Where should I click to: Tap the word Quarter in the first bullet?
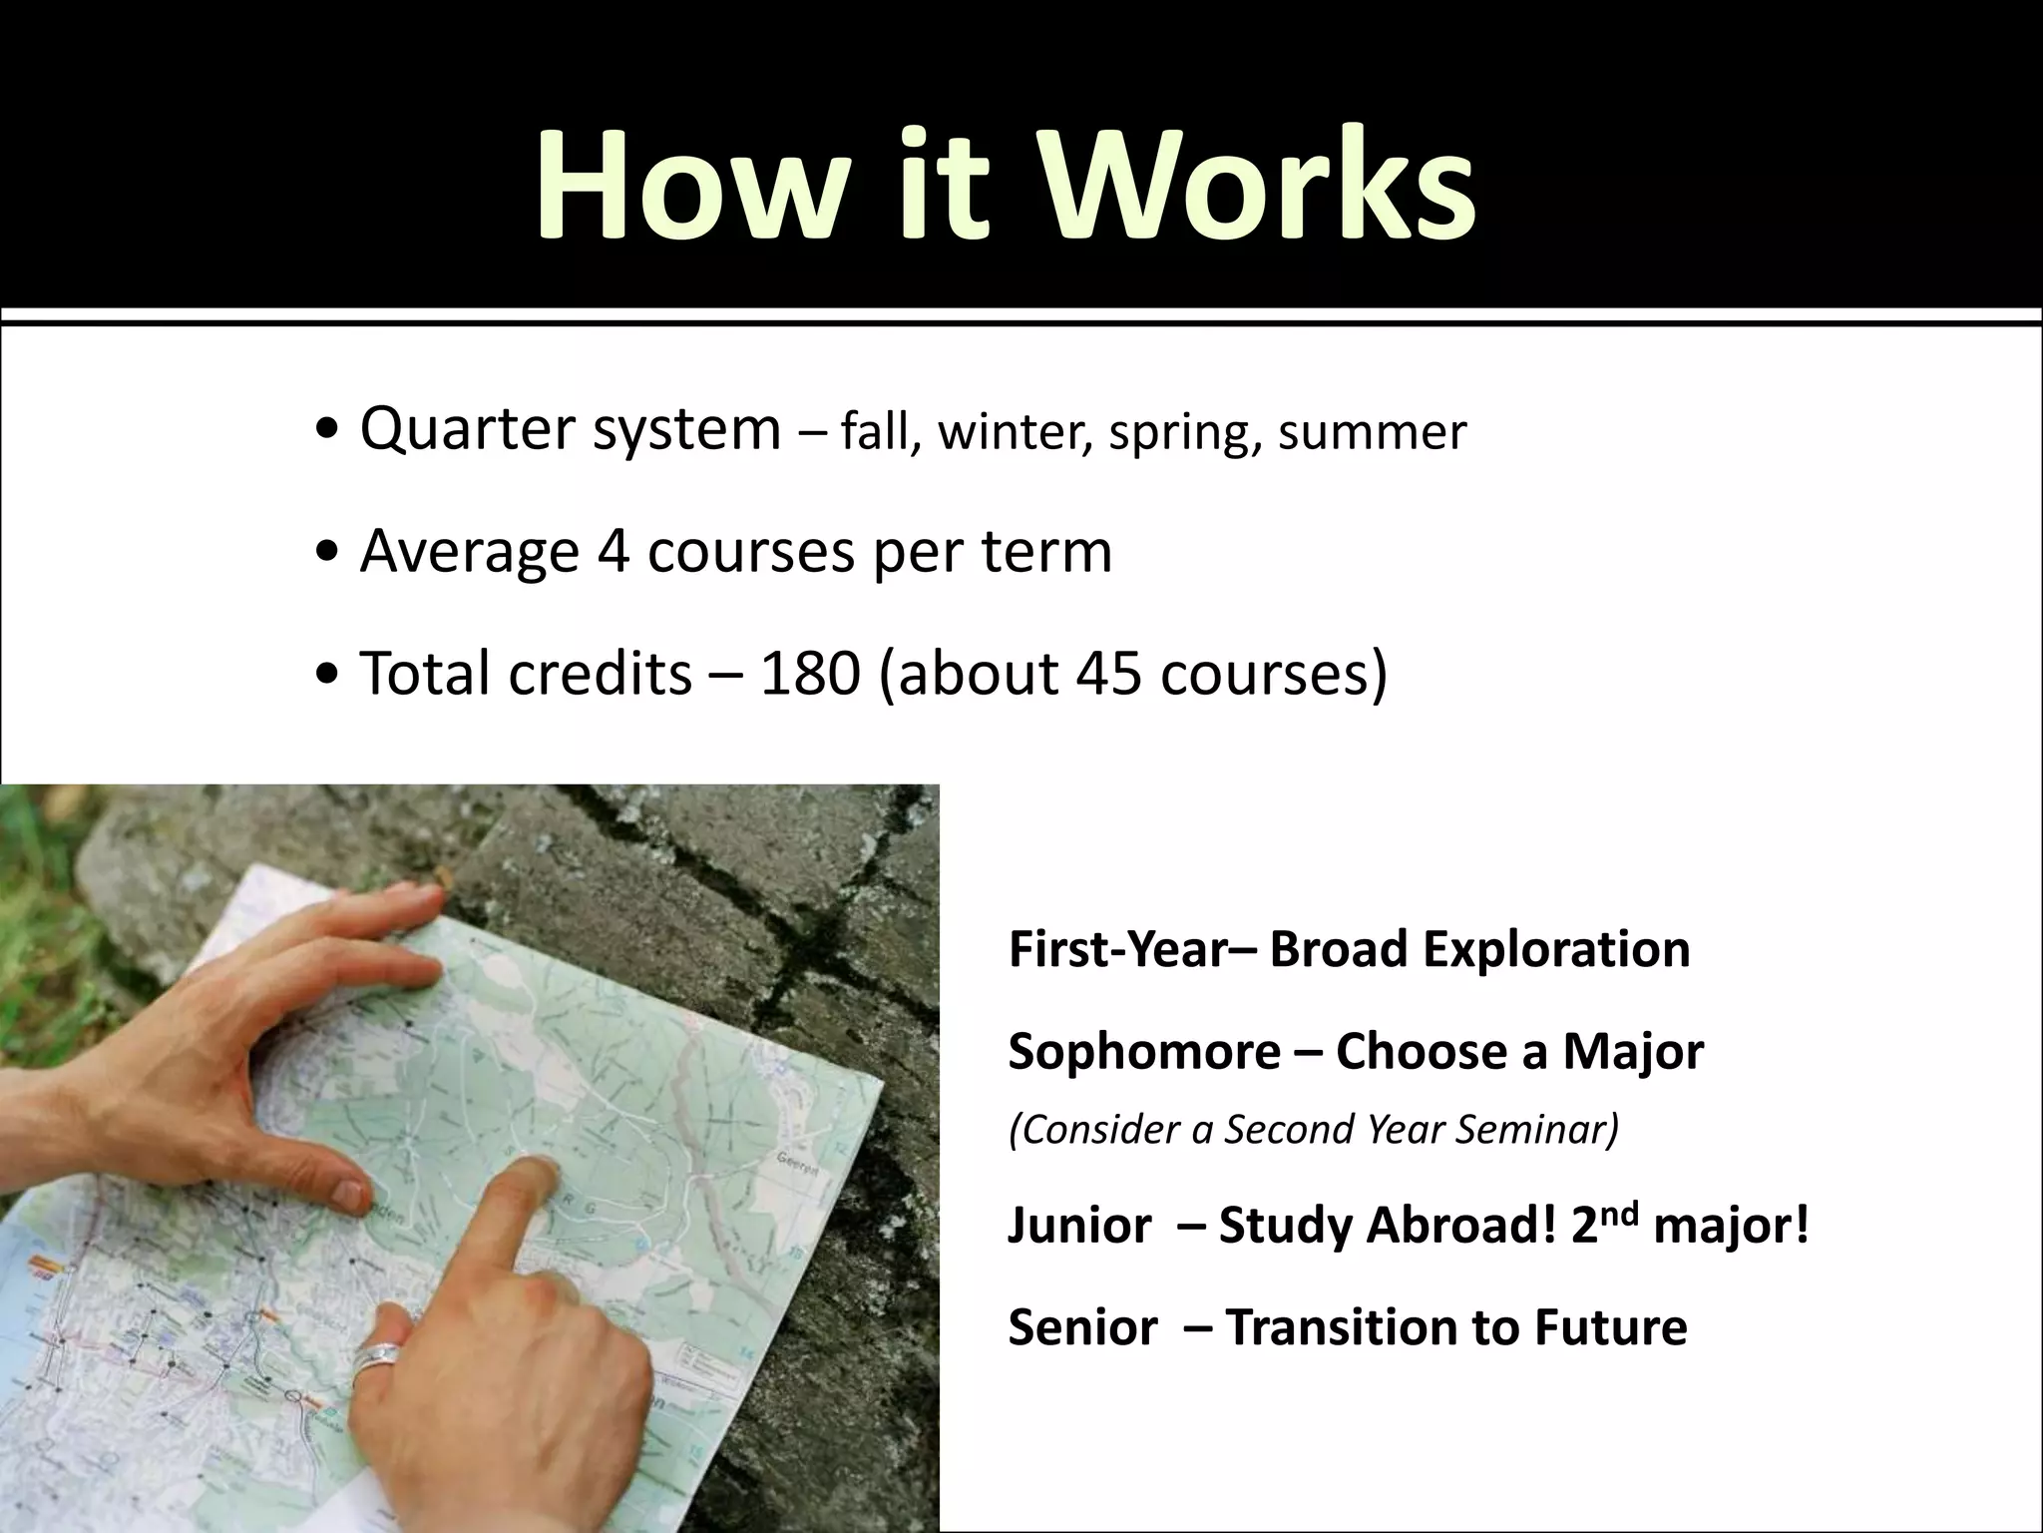468,429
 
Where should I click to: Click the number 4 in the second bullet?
613,551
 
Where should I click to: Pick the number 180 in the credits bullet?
810,673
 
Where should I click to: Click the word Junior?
1079,1226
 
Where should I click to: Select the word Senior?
1082,1327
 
